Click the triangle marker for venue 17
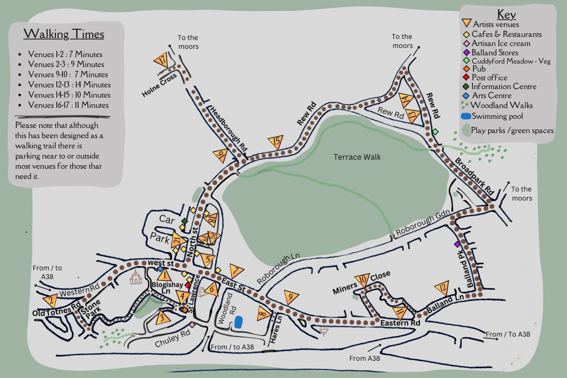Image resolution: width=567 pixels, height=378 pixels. tap(161, 60)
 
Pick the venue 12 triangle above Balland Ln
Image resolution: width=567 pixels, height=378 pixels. tap(441, 288)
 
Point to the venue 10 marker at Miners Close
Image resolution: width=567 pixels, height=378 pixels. tap(362, 280)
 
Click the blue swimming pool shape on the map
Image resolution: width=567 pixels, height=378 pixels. tap(238, 322)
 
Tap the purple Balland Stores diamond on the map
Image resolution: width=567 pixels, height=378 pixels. tap(457, 244)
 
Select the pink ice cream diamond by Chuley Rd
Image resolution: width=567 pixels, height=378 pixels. tap(192, 324)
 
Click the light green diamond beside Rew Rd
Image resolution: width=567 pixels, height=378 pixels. tap(436, 131)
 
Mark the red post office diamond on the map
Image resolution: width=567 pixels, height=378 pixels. tap(188, 285)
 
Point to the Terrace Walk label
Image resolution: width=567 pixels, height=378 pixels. tap(357, 157)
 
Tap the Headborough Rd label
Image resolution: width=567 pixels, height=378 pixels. tap(228, 128)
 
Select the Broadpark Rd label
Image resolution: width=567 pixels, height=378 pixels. tap(474, 176)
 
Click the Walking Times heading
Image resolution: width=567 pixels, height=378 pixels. tap(64, 34)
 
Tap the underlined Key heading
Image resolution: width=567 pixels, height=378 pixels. tap(506, 14)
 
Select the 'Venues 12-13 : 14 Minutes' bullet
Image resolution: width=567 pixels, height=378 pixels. tap(69, 85)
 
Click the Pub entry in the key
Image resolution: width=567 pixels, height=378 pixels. tap(479, 69)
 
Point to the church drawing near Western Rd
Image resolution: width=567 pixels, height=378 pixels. tap(136, 277)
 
